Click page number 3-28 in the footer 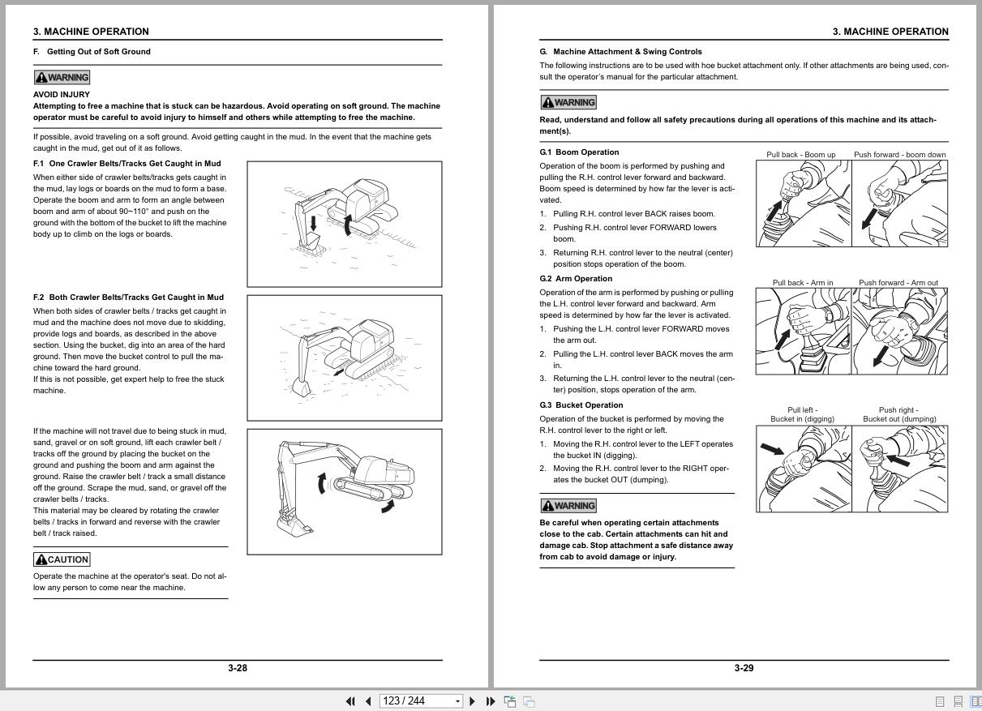coord(237,668)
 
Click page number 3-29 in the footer coord(744,668)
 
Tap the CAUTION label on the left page coord(62,559)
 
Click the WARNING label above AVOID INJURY coord(62,77)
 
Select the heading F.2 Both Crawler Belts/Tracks coord(128,297)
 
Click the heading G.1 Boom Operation coord(579,152)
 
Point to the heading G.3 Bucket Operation coord(581,405)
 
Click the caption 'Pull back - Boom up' coord(800,154)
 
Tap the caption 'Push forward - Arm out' coord(898,283)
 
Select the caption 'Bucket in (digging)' coord(802,419)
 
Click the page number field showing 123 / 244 coord(416,701)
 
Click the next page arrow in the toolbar coord(473,701)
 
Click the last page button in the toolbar coord(490,701)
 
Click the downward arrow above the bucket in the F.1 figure coord(313,223)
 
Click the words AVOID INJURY coord(62,94)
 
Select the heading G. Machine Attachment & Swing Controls coord(620,51)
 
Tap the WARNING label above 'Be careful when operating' coord(568,505)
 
